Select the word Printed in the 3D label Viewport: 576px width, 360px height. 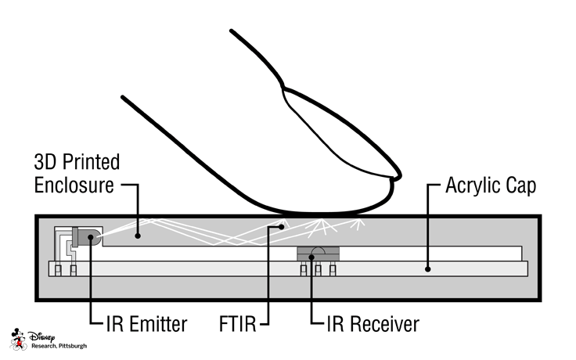87,163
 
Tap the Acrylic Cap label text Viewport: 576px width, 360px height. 490,187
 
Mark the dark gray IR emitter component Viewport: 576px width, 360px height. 83,236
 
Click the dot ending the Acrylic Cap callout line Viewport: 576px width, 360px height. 427,268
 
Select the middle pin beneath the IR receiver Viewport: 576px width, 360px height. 319,270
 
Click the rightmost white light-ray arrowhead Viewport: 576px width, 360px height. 362,221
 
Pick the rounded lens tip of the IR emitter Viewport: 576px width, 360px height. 96,236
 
